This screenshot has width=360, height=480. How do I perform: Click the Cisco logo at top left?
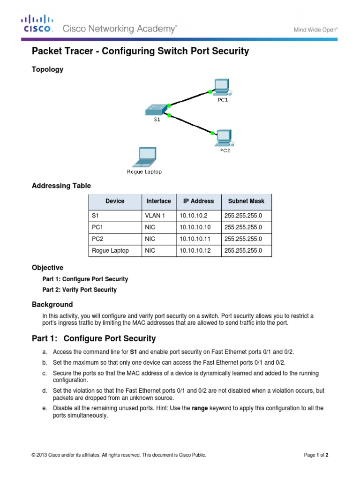tap(37, 24)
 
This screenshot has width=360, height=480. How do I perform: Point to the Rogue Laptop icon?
tap(144, 157)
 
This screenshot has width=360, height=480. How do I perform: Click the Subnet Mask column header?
tap(246, 201)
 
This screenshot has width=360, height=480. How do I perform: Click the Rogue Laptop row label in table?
tap(110, 251)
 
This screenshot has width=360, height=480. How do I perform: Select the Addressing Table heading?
tap(61, 186)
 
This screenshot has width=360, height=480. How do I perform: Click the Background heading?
tap(52, 304)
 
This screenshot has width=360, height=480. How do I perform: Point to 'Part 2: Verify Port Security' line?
tap(79, 290)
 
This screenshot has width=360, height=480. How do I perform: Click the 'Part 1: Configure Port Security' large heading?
tap(94, 338)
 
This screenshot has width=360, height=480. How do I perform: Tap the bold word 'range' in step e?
tap(200, 408)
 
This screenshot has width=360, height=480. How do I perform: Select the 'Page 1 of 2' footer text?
tap(319, 455)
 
